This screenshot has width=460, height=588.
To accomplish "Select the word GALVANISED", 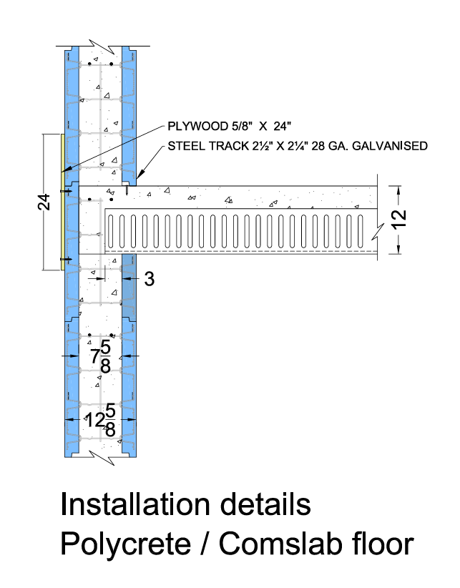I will coord(392,147).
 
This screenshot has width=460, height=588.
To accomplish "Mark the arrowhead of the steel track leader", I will coord(137,177).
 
